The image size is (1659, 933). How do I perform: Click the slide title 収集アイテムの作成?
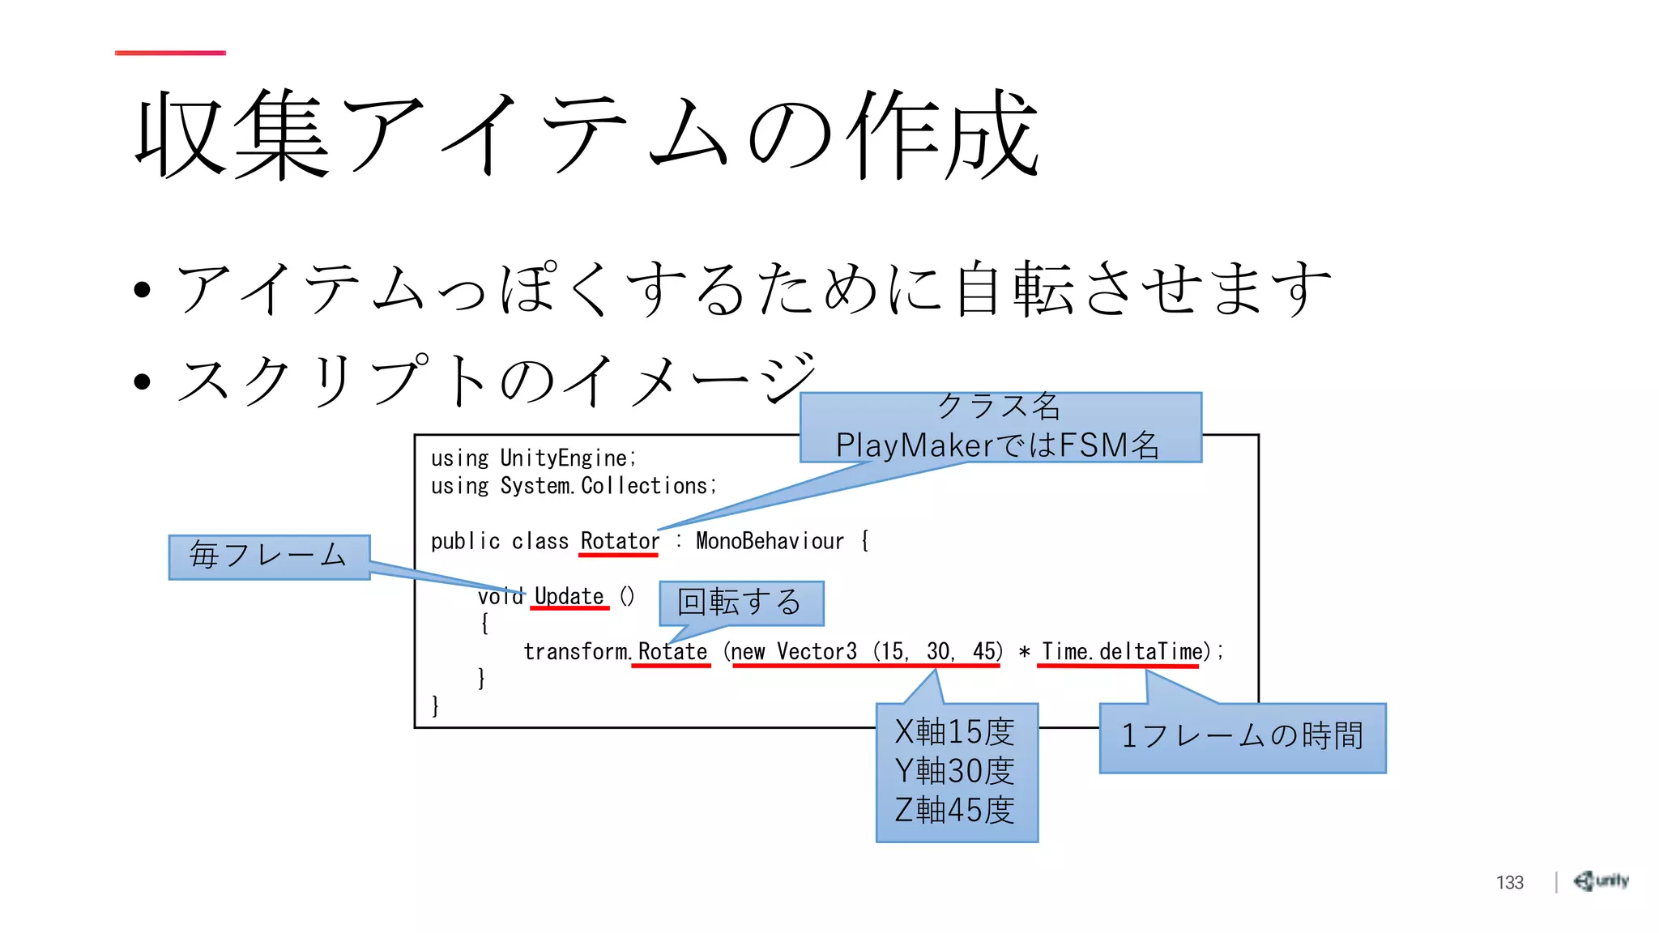[x=586, y=134]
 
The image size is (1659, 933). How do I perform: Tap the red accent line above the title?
[x=170, y=53]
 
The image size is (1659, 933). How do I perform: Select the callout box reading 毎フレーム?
[x=269, y=556]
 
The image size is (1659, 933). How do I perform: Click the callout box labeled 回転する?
[x=740, y=603]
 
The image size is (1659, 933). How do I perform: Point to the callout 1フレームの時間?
[x=1242, y=737]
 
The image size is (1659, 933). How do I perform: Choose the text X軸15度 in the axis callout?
[x=955, y=732]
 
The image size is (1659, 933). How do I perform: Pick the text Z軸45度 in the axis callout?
[x=955, y=810]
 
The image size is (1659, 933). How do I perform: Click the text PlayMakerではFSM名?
[x=997, y=445]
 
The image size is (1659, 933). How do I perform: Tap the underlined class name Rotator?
[x=620, y=541]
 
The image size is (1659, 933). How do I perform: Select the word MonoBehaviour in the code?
[x=770, y=541]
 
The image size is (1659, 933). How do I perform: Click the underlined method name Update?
[x=569, y=597]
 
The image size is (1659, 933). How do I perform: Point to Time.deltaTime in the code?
[x=1122, y=652]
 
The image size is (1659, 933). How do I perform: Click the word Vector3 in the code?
[x=817, y=652]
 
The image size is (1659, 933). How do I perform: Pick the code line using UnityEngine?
[x=533, y=458]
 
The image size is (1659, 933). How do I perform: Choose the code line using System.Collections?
[x=574, y=486]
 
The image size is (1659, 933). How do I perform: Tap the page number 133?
[x=1509, y=883]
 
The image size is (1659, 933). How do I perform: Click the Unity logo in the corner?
[x=1601, y=881]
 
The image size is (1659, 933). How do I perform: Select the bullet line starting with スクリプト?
[x=494, y=381]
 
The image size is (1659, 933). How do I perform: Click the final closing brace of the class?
[x=435, y=706]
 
